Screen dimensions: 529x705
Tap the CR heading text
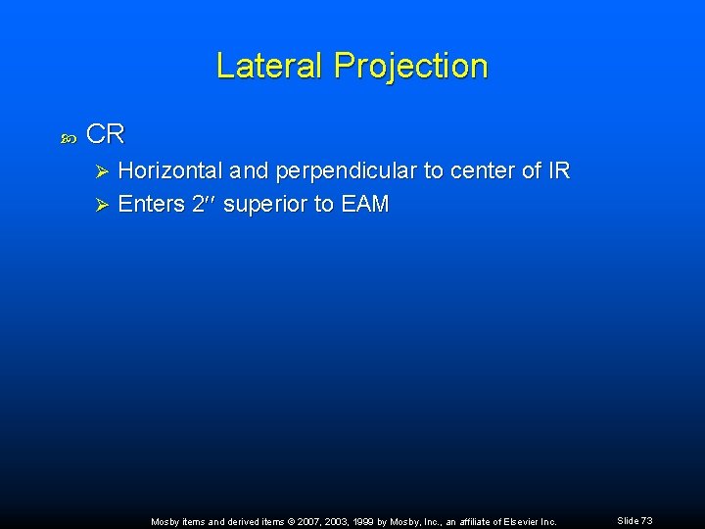click(106, 134)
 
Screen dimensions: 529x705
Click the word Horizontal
click(171, 170)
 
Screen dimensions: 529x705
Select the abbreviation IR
click(558, 170)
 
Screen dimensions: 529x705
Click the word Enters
click(151, 204)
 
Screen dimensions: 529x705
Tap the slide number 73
click(646, 520)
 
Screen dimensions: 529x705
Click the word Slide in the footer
click(628, 520)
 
